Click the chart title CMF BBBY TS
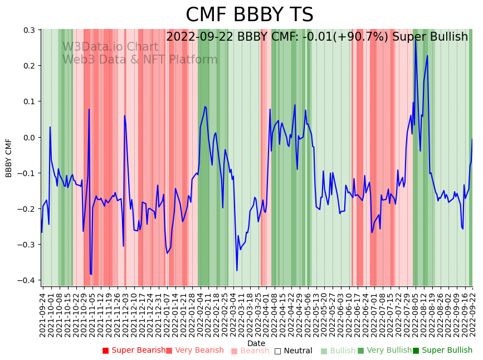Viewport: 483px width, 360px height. tap(249, 15)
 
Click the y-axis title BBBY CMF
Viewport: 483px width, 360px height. tap(9, 158)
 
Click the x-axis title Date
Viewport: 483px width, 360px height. tap(256, 343)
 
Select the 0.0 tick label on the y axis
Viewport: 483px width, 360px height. tap(28, 137)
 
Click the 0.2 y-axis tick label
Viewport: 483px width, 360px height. tap(28, 66)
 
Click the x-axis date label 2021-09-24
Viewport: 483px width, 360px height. tap(42, 314)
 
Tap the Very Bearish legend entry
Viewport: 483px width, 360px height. tap(197, 351)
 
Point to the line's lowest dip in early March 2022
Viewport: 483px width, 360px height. tap(237, 271)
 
